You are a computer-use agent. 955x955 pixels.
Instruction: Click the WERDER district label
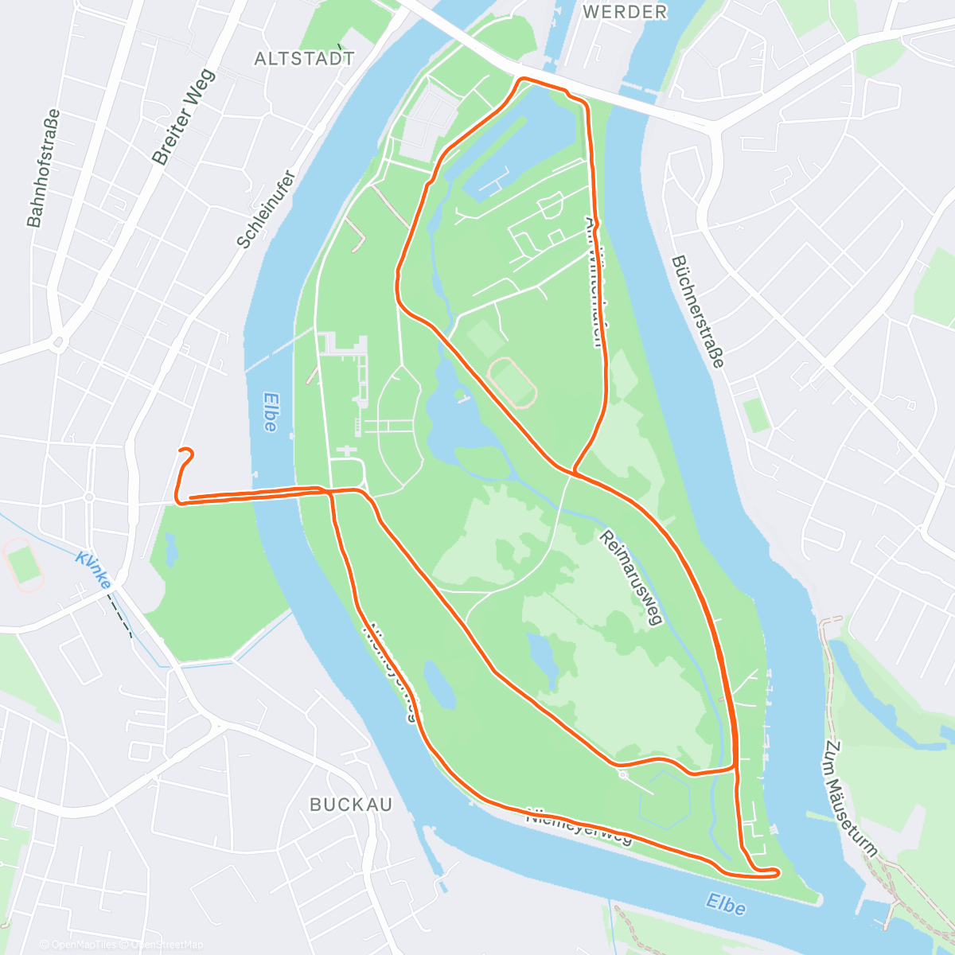625,12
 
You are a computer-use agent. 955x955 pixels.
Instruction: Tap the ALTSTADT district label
304,59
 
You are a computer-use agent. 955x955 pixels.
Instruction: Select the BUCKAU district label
351,805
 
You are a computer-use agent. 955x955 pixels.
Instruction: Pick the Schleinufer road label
266,209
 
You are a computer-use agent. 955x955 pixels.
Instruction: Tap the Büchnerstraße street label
698,311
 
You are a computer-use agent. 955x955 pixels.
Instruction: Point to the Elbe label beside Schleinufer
270,412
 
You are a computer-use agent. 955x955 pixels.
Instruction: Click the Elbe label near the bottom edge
725,905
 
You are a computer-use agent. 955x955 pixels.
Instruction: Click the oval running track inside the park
512,382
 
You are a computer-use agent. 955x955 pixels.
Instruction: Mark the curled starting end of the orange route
187,454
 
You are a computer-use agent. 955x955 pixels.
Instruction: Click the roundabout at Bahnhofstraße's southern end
57,344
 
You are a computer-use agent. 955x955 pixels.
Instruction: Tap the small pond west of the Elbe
170,550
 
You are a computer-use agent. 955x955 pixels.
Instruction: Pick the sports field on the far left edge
24,564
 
